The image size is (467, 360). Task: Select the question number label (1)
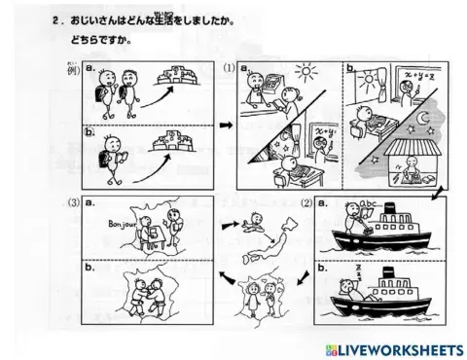pos(229,67)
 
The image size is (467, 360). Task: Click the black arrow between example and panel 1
pos(223,125)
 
